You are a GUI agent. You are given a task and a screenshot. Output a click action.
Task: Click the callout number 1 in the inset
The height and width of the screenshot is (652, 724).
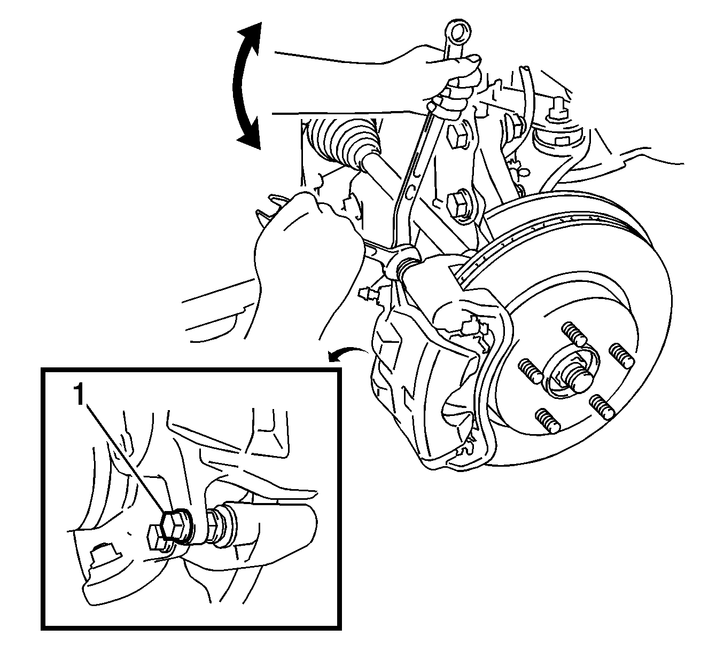pos(79,395)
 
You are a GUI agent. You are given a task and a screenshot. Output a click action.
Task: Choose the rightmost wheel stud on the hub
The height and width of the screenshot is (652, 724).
pos(622,356)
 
